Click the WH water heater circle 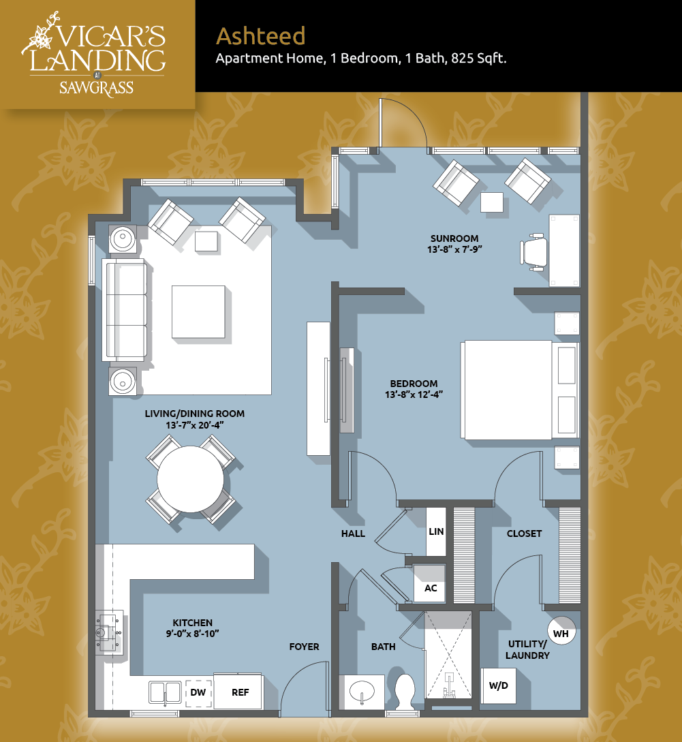[x=561, y=631]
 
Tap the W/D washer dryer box [x=498, y=685]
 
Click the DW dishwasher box [x=198, y=693]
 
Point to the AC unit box [x=430, y=583]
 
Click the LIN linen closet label [x=436, y=531]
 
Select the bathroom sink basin [x=362, y=692]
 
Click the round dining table [x=190, y=480]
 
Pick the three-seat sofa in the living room [x=125, y=311]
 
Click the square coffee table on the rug [x=198, y=311]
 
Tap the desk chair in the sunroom [x=533, y=251]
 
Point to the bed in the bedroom [x=519, y=390]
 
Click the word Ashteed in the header [x=261, y=36]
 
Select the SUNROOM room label [x=454, y=238]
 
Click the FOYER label [x=305, y=647]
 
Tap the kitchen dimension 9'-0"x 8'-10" [x=192, y=634]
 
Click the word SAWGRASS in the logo [x=97, y=88]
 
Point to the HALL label [x=353, y=534]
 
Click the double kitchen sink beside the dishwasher [x=165, y=693]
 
